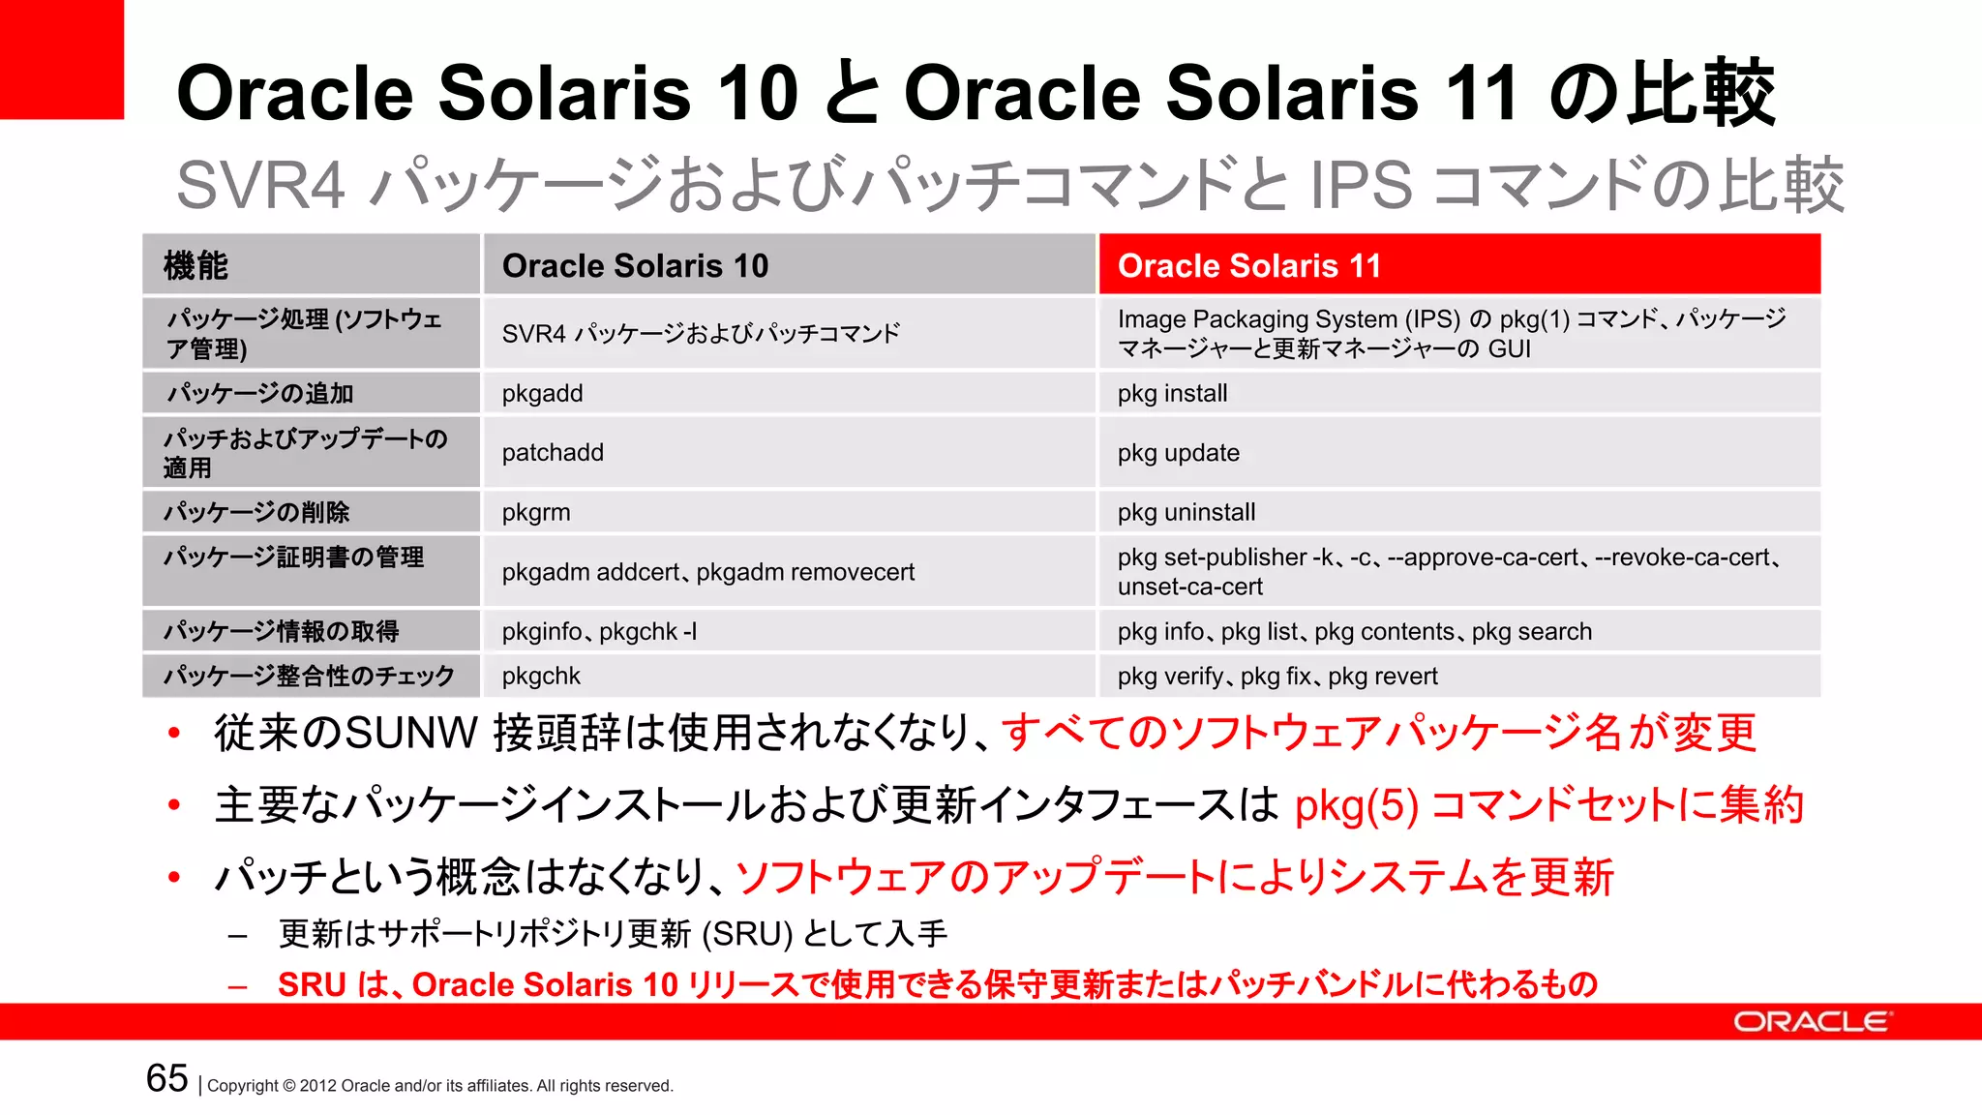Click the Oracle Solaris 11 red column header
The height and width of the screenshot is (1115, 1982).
click(x=1459, y=265)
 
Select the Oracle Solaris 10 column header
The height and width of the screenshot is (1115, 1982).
click(x=790, y=265)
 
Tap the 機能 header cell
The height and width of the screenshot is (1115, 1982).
click(x=311, y=265)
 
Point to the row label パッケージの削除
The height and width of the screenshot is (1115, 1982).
click(x=256, y=513)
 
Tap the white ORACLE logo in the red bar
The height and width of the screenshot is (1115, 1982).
click(x=1811, y=1022)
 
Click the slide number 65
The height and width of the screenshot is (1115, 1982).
click(x=166, y=1078)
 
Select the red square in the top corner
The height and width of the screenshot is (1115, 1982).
click(x=61, y=59)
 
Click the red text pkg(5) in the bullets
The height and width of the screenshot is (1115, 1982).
click(x=1356, y=805)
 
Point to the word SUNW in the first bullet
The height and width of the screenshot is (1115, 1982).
click(x=411, y=733)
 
